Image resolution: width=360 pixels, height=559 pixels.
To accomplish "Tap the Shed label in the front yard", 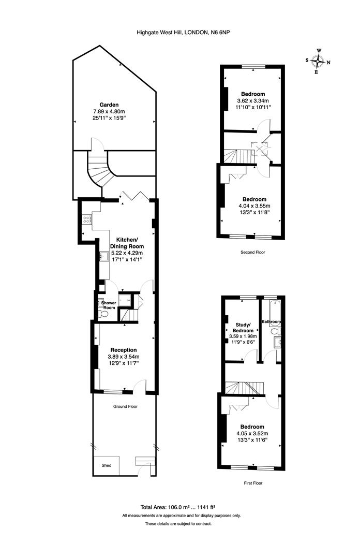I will [106, 465].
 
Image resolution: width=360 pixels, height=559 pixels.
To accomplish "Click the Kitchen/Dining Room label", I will [126, 243].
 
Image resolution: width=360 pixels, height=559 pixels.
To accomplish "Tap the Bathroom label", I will [271, 321].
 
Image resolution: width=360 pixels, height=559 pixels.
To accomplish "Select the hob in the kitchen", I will [87, 219].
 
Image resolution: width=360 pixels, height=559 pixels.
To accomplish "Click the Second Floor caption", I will [252, 253].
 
